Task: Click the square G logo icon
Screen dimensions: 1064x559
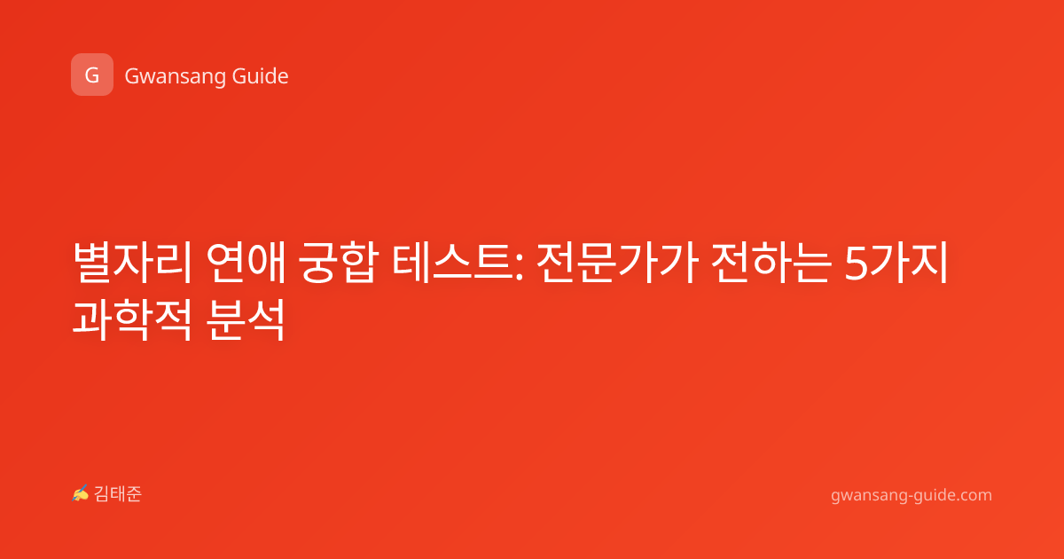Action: pyautogui.click(x=92, y=75)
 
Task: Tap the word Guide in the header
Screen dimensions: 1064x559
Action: pyautogui.click(x=261, y=76)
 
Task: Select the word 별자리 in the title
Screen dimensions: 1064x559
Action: pyautogui.click(x=132, y=263)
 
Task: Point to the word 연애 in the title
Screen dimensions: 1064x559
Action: pyautogui.click(x=246, y=263)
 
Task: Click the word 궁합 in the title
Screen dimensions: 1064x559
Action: pyautogui.click(x=338, y=263)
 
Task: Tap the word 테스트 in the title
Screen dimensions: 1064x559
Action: pyautogui.click(x=453, y=263)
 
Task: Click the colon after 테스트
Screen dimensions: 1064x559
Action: pyautogui.click(x=519, y=268)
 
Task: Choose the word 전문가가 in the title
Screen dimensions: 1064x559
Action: pyautogui.click(x=617, y=263)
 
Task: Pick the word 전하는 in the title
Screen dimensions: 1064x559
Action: pyautogui.click(x=771, y=263)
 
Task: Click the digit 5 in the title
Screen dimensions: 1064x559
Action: pyautogui.click(x=856, y=264)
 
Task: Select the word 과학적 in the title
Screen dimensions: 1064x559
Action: pyautogui.click(x=132, y=319)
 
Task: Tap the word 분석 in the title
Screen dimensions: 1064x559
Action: pyautogui.click(x=246, y=319)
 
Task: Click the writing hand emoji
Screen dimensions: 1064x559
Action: pyautogui.click(x=81, y=493)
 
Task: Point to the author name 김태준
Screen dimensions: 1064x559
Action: pyautogui.click(x=118, y=494)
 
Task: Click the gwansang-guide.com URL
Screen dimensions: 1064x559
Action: pyautogui.click(x=911, y=495)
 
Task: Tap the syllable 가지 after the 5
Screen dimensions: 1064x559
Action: pyautogui.click(x=908, y=263)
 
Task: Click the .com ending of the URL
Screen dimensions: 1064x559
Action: pyautogui.click(x=973, y=495)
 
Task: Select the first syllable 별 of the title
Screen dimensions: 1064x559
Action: pyautogui.click(x=92, y=263)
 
